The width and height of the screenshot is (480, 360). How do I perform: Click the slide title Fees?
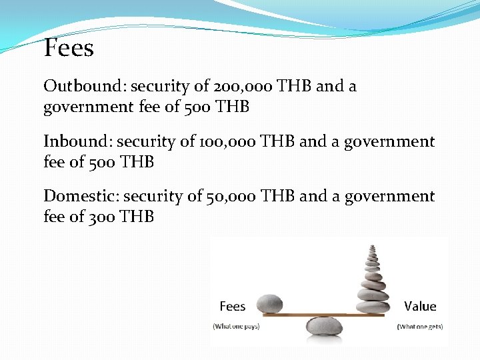(x=69, y=48)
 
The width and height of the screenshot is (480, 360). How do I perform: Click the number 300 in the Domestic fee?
(x=103, y=217)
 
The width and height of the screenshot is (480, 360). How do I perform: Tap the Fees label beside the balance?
(x=233, y=307)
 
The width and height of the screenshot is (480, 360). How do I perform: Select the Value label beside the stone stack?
(x=420, y=307)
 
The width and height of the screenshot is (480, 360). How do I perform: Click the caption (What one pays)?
(x=236, y=326)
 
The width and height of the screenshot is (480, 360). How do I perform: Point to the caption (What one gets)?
(x=420, y=326)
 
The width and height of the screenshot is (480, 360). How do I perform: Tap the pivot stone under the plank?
(x=325, y=327)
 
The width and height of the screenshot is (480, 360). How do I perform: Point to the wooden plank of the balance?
(x=313, y=314)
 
